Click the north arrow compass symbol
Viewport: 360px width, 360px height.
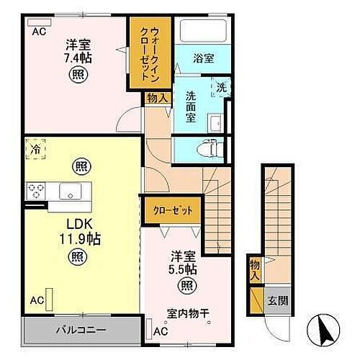tap(324, 329)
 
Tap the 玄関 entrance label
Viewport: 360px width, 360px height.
tap(278, 300)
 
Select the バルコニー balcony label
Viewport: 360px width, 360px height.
tap(81, 330)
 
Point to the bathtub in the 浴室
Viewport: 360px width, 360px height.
tap(203, 31)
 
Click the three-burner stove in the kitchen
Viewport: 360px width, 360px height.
tap(36, 191)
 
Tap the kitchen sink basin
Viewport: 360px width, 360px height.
tap(70, 191)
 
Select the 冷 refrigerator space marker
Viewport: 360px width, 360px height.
tap(35, 149)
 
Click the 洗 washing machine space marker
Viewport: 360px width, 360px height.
tap(221, 87)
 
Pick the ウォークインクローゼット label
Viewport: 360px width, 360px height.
tap(150, 54)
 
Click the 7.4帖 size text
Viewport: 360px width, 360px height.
tap(78, 58)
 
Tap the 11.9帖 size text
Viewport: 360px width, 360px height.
tap(80, 238)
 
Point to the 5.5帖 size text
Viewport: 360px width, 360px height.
tap(183, 269)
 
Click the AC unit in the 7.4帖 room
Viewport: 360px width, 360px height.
tap(39, 22)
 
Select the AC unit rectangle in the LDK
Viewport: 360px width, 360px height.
tap(49, 300)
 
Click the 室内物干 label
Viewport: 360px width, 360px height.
tap(188, 313)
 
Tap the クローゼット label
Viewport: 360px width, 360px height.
tap(173, 211)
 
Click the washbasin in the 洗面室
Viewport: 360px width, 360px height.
tap(215, 123)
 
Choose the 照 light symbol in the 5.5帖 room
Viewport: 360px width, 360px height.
tap(187, 286)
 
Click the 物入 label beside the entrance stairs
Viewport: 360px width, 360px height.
tap(255, 271)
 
